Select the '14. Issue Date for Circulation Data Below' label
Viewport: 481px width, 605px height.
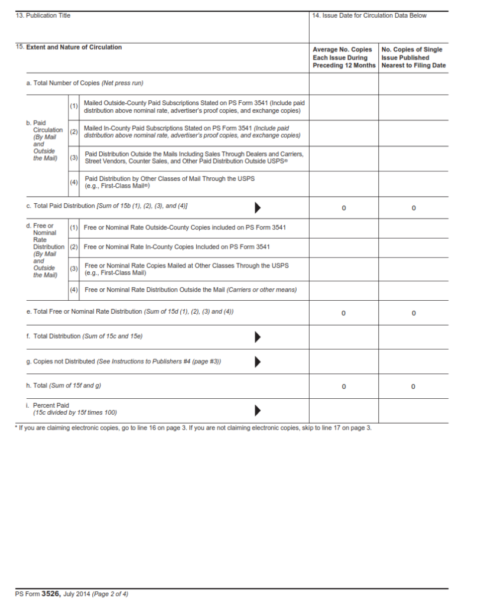click(369, 15)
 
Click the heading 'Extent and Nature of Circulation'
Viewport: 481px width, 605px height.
click(74, 47)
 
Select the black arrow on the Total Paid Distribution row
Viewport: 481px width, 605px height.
click(258, 207)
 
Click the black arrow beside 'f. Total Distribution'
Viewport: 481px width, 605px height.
click(258, 337)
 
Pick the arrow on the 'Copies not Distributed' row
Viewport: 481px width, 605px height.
click(258, 362)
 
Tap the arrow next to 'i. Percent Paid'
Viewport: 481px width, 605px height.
click(258, 410)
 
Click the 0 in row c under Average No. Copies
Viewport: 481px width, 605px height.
click(344, 208)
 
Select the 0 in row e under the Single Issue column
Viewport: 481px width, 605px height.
click(413, 313)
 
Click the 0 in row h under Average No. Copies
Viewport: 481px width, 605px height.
click(344, 386)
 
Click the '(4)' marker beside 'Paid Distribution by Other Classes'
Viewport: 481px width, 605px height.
click(74, 182)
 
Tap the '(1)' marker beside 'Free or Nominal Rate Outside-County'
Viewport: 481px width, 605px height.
click(74, 227)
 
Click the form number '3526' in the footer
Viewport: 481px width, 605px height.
click(51, 593)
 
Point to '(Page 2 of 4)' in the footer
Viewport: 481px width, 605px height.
click(110, 594)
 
